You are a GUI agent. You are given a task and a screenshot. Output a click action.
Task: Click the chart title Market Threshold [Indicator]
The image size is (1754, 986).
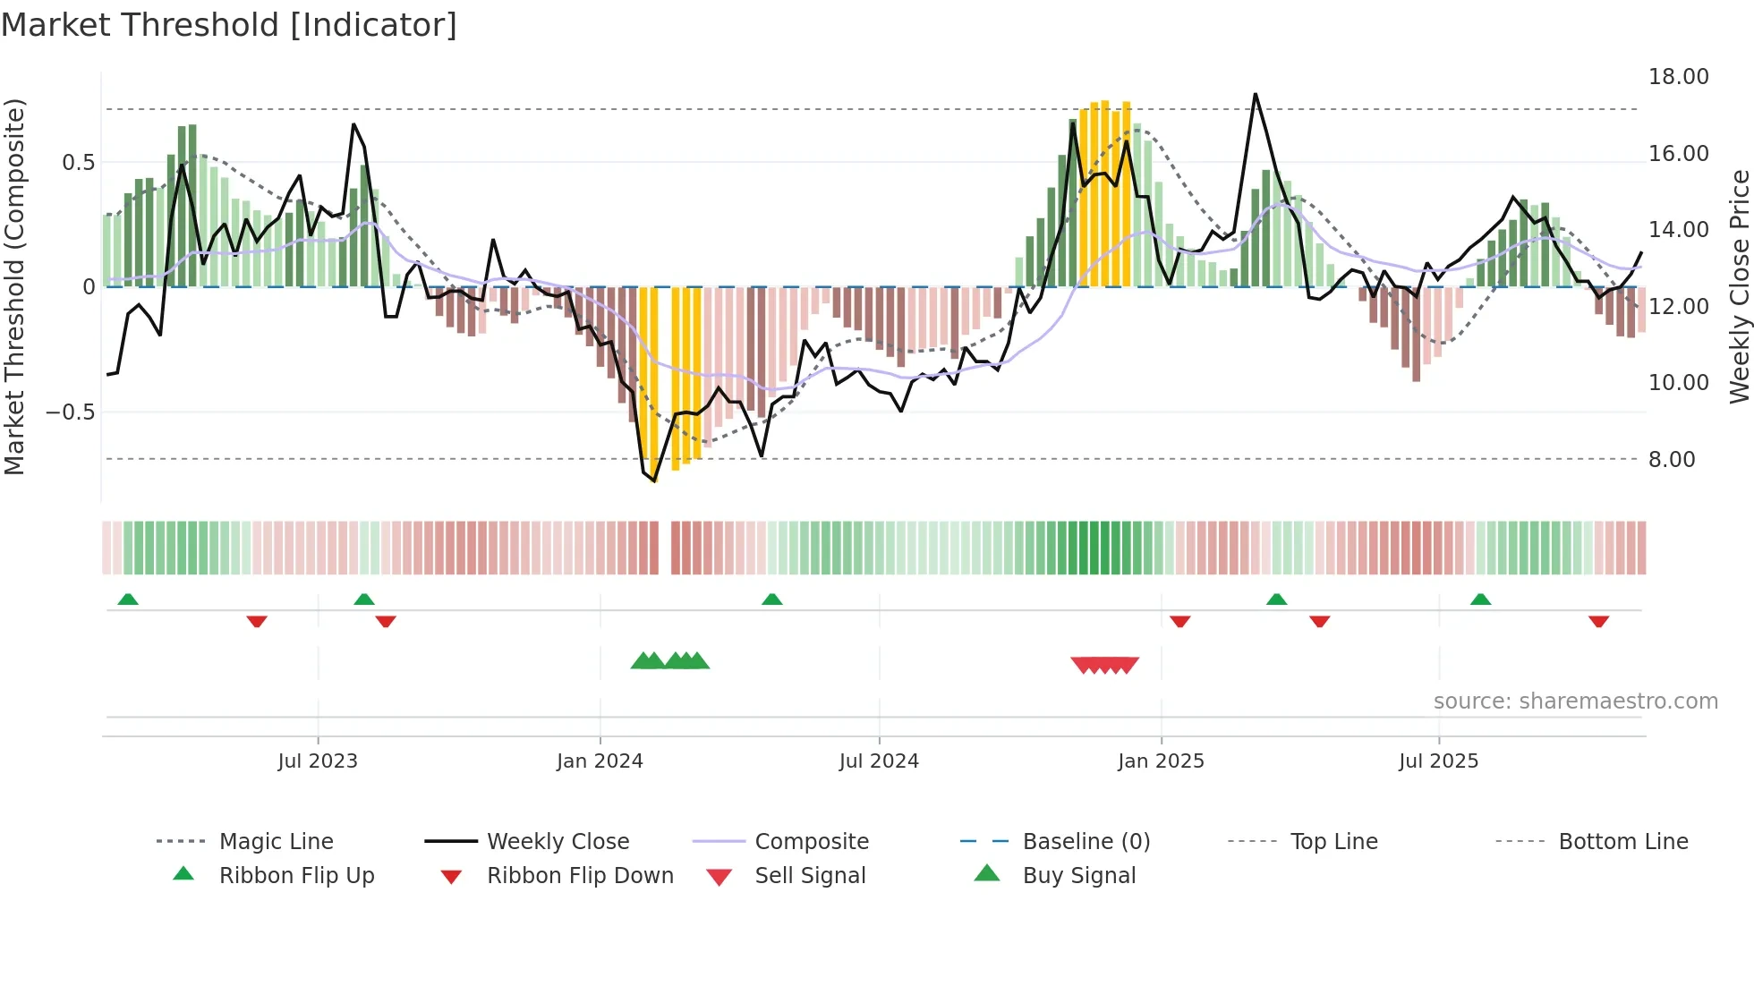229,25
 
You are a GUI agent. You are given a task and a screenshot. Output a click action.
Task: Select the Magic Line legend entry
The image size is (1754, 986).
276,842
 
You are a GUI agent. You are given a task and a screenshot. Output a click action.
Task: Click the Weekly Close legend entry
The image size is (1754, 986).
558,842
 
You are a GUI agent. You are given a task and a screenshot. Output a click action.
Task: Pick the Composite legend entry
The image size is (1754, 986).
811,842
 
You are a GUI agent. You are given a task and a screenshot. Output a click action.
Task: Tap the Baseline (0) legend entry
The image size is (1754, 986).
1086,842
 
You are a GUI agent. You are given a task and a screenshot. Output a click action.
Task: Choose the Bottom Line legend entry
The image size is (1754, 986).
1622,842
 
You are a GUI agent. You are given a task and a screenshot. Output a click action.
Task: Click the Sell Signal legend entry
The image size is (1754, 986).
809,876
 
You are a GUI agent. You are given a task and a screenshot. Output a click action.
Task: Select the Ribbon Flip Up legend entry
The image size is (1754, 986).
296,876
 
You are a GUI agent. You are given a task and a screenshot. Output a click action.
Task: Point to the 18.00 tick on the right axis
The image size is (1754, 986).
1678,77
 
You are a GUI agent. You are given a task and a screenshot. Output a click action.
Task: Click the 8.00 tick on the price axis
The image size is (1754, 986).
1671,460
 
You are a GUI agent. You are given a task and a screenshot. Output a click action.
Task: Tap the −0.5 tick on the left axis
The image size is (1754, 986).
70,412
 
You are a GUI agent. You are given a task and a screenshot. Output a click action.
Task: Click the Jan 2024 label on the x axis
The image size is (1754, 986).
600,761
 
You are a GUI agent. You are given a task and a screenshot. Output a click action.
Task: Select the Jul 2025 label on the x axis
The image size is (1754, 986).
1438,761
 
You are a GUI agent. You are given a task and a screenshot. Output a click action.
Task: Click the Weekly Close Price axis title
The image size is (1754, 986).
1739,286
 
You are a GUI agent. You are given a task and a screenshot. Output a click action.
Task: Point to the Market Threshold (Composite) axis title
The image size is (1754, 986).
14,286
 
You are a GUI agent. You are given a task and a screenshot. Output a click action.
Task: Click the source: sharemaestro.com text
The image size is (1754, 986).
1575,701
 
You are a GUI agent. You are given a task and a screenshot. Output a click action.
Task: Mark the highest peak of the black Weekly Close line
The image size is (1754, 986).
1256,94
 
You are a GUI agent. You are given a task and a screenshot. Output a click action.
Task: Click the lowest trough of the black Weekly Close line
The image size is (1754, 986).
654,481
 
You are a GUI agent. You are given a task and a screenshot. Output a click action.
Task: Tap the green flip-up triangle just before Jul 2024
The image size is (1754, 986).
771,599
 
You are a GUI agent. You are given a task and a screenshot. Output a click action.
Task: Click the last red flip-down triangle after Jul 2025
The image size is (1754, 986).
1598,621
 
